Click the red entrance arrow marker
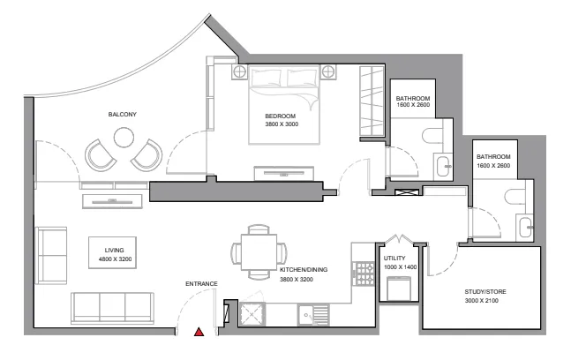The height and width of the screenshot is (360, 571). click(199, 333)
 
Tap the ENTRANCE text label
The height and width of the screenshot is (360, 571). click(201, 283)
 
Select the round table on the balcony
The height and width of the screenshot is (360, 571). click(123, 138)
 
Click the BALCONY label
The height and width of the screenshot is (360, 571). click(122, 115)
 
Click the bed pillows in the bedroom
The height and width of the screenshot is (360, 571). click(287, 79)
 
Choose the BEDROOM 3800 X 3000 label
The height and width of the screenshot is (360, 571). click(281, 120)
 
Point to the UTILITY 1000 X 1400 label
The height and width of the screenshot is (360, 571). click(400, 262)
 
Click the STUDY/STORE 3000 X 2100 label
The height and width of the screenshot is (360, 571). click(485, 295)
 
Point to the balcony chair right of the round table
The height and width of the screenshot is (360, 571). click(147, 155)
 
